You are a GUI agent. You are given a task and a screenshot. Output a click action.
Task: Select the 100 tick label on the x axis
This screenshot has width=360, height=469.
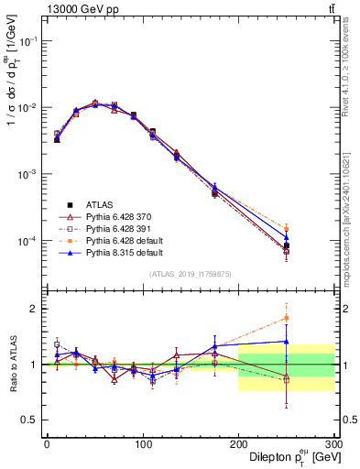[x=143, y=443]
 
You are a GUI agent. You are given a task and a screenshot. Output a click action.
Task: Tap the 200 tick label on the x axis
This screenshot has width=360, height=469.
[x=238, y=443]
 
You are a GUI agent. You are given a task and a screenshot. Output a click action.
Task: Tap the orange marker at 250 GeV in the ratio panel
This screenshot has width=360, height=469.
[x=287, y=318]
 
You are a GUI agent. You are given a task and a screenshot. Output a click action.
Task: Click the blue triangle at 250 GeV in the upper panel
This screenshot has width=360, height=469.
[x=287, y=237]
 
